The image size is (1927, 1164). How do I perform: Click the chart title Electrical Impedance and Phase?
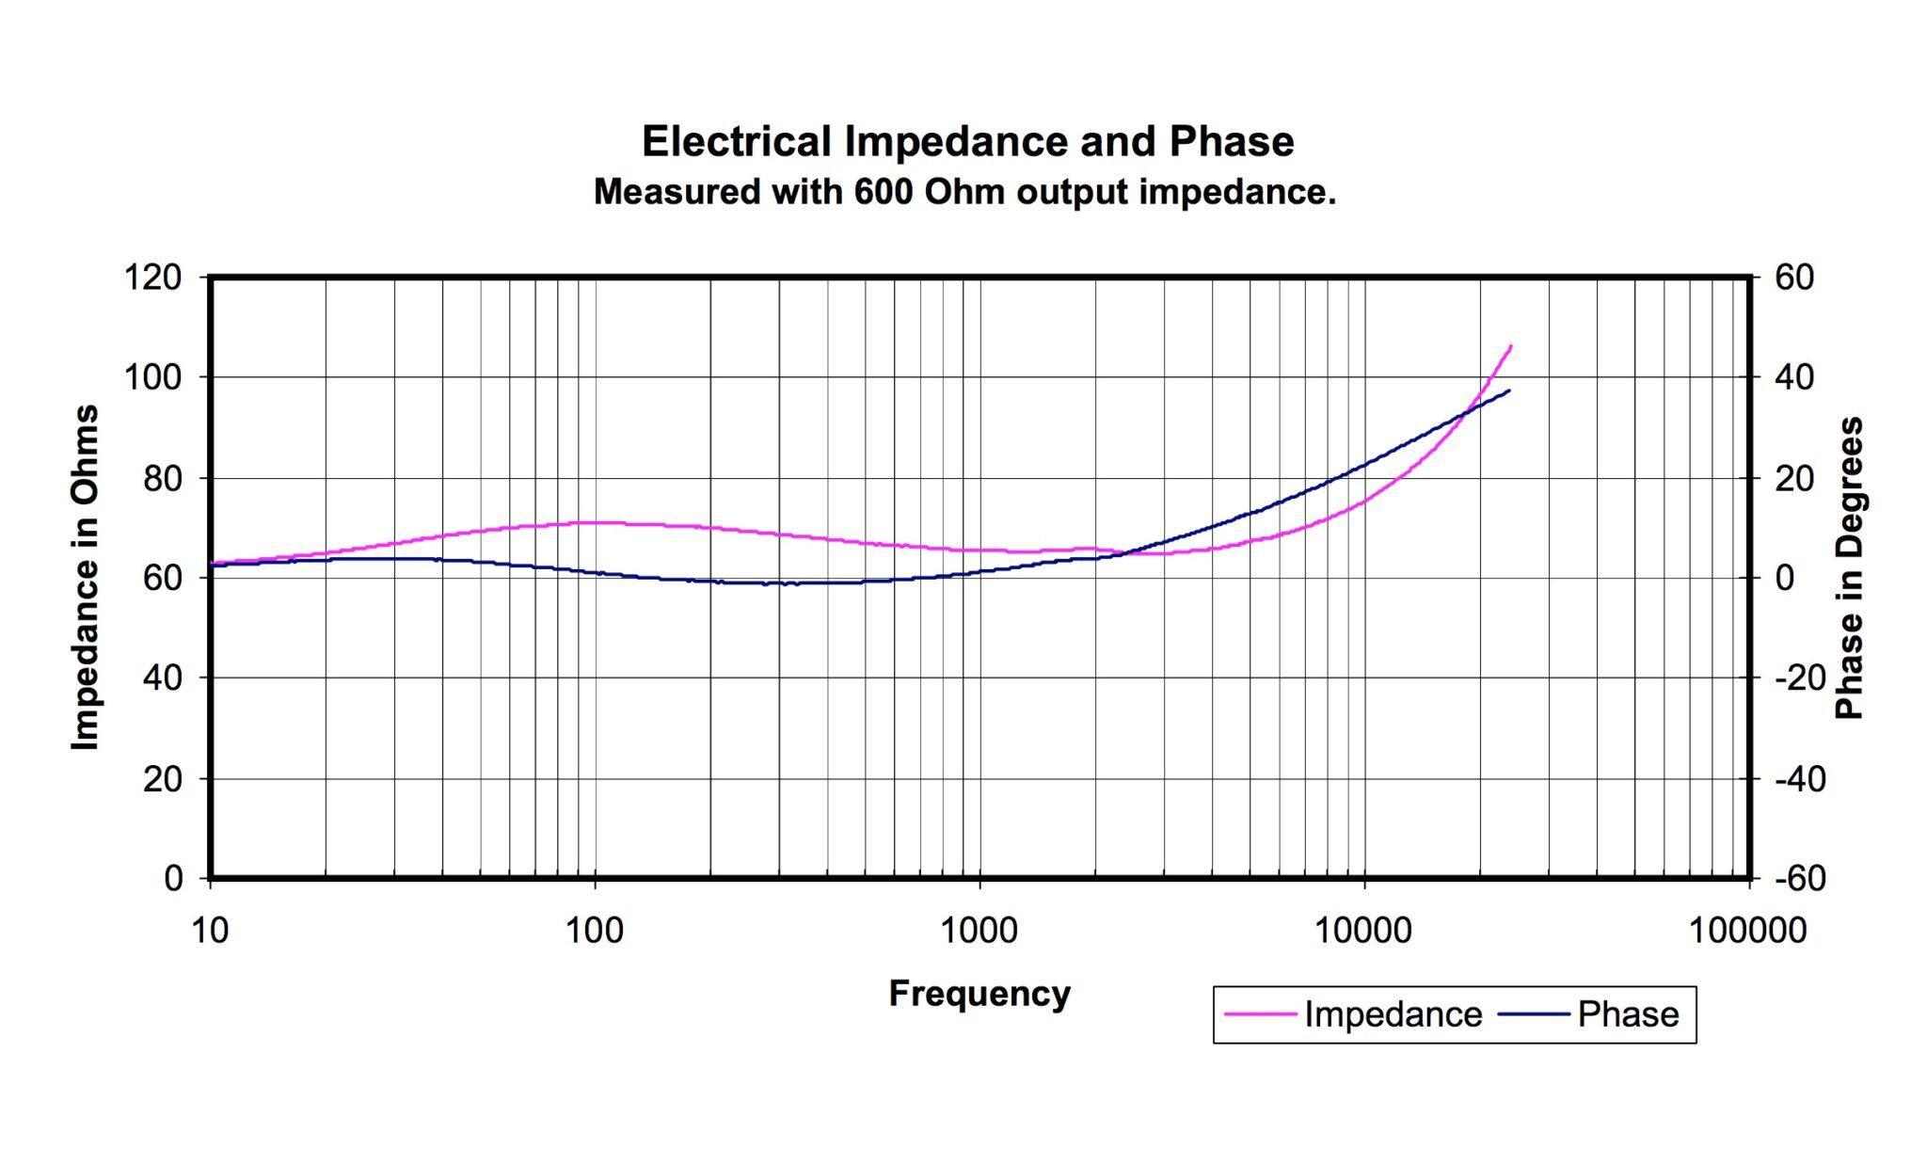967,142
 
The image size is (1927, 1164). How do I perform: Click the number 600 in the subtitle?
884,192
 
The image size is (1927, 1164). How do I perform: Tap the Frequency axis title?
979,994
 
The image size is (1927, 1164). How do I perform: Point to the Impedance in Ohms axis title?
86,577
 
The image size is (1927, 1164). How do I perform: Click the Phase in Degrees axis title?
1850,567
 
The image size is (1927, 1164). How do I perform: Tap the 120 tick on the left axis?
152,278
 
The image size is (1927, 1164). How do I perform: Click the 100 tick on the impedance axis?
152,377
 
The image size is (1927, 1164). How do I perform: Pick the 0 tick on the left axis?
173,879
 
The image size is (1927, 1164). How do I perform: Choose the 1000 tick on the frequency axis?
979,931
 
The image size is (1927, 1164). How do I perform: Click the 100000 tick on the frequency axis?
1747,931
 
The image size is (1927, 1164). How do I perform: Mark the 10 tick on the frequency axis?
210,931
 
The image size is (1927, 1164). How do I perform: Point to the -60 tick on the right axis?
1800,879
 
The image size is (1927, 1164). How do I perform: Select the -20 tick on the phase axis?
1800,678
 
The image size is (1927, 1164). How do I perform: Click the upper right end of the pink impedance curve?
1510,346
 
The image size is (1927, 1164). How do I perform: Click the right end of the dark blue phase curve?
1508,391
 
